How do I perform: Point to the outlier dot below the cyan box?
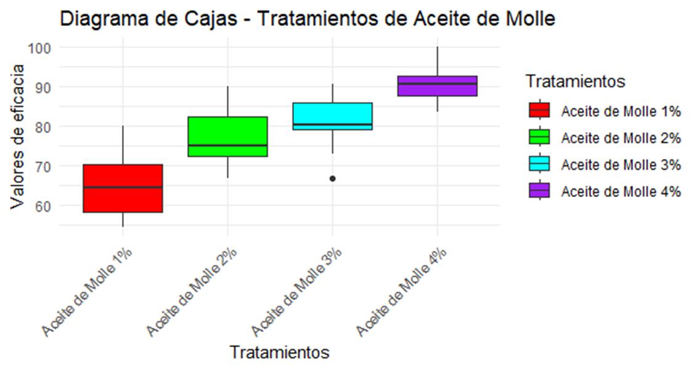(332, 179)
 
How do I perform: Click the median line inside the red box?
(123, 187)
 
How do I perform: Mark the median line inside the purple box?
(437, 83)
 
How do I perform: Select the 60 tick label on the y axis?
(43, 206)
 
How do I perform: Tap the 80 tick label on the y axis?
(43, 127)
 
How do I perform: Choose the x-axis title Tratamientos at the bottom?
(279, 353)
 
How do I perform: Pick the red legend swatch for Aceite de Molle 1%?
(539, 111)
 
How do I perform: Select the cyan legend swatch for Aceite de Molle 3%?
(539, 164)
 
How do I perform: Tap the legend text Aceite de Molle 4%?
(621, 191)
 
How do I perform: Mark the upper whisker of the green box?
(227, 102)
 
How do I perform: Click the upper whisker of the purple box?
(437, 62)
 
